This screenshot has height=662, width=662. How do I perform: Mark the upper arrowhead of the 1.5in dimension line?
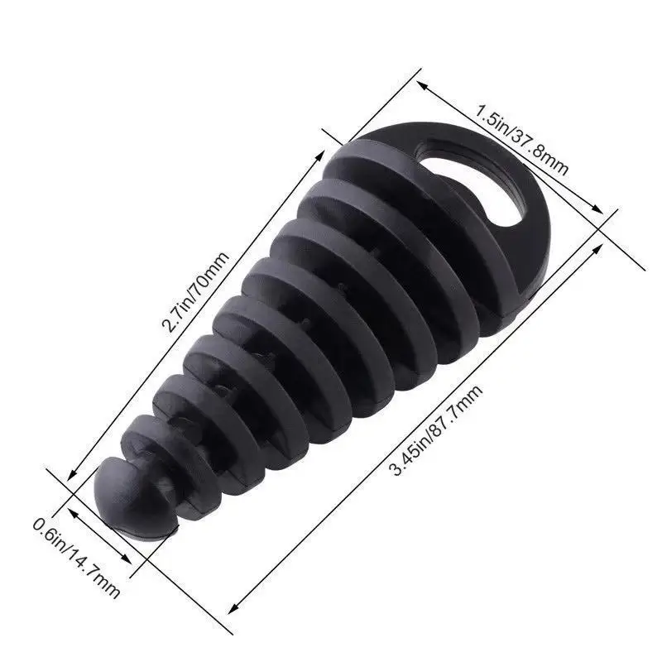click(420, 84)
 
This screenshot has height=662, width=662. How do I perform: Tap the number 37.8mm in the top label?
click(541, 153)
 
